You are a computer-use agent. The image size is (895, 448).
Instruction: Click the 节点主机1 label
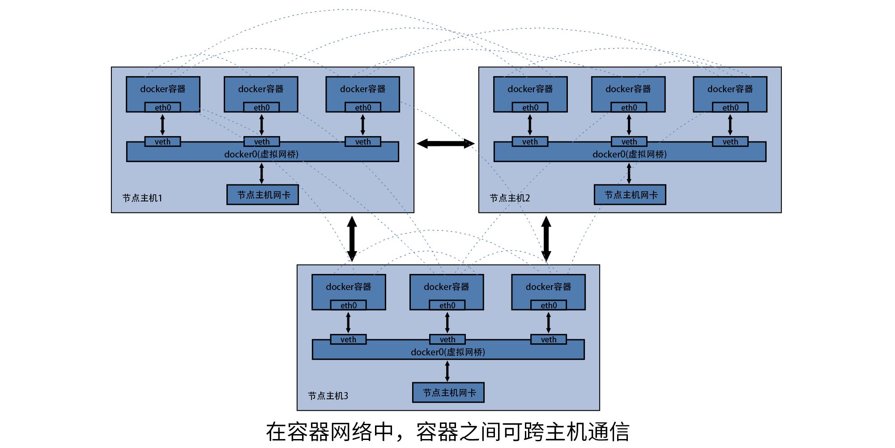[142, 198]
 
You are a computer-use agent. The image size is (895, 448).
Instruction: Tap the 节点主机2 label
[510, 198]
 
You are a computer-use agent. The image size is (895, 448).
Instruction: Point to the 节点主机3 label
[328, 396]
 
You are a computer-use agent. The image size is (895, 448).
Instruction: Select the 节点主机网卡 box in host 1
[263, 195]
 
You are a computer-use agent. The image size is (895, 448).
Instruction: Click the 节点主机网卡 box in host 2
[630, 195]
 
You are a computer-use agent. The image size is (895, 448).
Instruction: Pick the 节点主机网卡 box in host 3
[448, 393]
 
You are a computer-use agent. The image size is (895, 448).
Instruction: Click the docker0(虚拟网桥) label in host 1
[261, 154]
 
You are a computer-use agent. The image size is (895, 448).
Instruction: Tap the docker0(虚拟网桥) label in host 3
[448, 352]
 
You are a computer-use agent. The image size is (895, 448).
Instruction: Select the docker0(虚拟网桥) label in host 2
[630, 154]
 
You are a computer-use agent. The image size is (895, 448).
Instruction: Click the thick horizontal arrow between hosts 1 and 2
[446, 144]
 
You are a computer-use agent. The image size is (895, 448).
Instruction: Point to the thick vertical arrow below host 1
[352, 239]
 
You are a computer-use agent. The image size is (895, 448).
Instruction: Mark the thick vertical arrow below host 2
[546, 239]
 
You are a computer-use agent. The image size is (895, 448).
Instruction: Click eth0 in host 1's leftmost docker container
[163, 107]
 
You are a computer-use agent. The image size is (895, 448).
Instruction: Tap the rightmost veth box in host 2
[730, 142]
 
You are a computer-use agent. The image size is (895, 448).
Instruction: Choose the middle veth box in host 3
[447, 340]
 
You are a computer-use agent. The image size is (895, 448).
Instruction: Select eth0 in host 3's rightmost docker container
[549, 305]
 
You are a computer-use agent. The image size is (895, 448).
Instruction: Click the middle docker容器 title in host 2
[628, 89]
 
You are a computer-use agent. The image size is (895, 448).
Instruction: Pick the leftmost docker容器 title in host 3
[349, 287]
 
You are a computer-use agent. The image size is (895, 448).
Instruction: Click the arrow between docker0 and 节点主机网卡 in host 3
[447, 371]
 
